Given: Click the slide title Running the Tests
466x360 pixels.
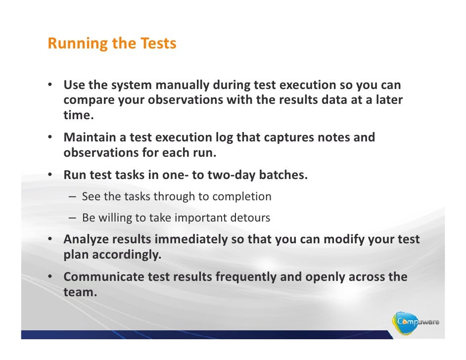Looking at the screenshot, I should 112,44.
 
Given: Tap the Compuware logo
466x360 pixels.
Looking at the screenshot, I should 417,323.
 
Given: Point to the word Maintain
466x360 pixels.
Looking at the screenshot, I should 94,137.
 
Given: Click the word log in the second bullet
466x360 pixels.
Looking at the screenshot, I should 225,137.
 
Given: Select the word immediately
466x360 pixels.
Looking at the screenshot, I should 192,239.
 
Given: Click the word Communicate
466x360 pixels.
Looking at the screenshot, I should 104,277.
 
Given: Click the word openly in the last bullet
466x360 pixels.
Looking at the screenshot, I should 325,277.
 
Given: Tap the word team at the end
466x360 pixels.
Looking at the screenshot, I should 79,292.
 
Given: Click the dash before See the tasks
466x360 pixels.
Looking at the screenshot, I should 73,197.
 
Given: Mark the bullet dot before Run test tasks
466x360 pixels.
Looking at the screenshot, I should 50,176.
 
